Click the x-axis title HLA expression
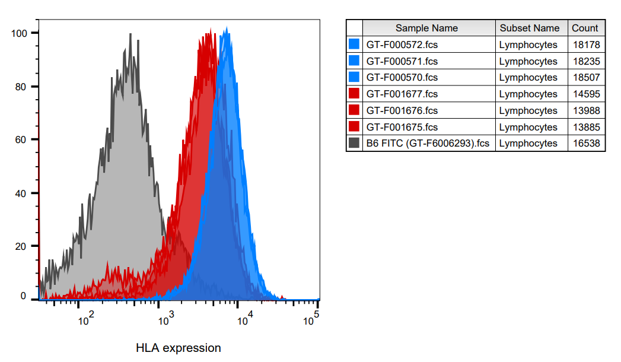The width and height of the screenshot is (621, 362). click(x=178, y=348)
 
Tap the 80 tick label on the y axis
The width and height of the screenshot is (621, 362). click(x=22, y=86)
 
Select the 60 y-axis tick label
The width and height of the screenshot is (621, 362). click(x=22, y=139)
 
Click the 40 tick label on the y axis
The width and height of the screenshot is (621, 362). click(x=22, y=193)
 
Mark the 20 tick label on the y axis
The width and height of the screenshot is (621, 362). click(x=22, y=246)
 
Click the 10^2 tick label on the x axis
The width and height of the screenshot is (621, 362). click(x=85, y=320)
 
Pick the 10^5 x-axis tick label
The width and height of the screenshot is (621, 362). click(x=311, y=320)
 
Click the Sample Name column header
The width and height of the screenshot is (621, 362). click(x=426, y=28)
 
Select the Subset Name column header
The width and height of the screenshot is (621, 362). click(x=529, y=28)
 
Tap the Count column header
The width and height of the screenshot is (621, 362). click(x=585, y=28)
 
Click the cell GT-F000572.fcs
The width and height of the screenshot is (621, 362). click(x=402, y=45)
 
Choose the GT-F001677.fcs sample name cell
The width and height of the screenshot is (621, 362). click(x=402, y=94)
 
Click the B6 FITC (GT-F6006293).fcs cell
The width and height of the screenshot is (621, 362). click(x=428, y=143)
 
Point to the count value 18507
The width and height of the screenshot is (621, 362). click(x=586, y=77)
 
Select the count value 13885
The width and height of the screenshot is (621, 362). click(x=586, y=127)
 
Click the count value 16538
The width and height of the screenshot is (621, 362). click(x=586, y=143)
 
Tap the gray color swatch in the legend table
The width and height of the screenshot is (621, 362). click(x=355, y=143)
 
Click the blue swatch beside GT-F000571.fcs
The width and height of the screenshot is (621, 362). click(x=355, y=61)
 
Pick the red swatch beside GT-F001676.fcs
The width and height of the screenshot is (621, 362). click(x=355, y=110)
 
